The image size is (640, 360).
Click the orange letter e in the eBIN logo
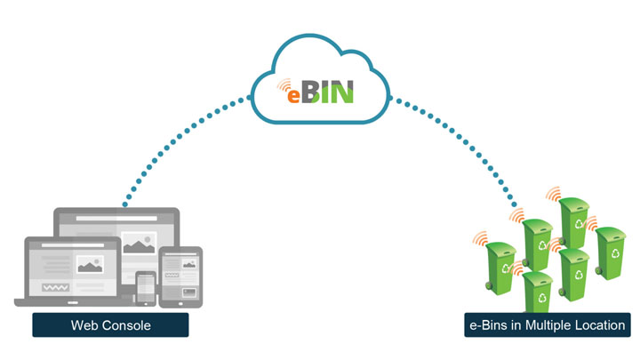point(293,96)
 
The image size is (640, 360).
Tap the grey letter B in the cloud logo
point(310,92)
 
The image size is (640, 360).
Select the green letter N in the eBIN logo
point(341,92)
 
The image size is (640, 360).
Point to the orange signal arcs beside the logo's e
point(284,85)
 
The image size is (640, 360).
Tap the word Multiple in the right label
point(548,325)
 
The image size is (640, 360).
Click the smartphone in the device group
point(146,288)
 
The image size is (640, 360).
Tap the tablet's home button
point(180,303)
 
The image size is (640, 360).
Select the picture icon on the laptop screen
point(90,265)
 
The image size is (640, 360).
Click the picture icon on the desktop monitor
point(140,243)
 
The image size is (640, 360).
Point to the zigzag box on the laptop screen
point(55,287)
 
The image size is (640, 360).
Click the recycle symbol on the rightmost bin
point(615,253)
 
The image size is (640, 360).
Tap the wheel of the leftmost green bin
point(489,286)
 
